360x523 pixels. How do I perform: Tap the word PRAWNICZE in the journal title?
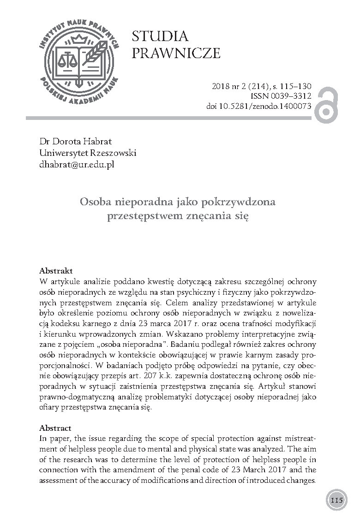click(x=176, y=53)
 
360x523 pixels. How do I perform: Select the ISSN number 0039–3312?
click(x=291, y=96)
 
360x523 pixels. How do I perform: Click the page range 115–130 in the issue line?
click(x=292, y=86)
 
